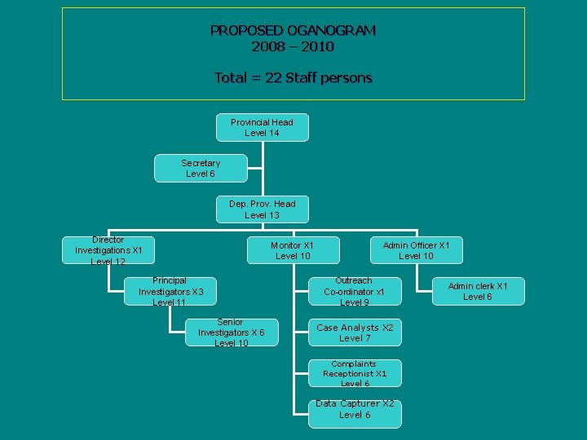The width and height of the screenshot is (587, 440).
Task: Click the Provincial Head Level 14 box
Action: tap(262, 127)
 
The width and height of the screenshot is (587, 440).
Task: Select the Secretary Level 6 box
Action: tap(201, 169)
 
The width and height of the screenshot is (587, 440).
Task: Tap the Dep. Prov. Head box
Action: tap(262, 209)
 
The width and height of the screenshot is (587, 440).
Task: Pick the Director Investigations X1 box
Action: tap(108, 251)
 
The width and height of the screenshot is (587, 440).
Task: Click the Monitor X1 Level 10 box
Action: tap(292, 251)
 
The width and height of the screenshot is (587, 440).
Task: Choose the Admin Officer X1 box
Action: tap(416, 251)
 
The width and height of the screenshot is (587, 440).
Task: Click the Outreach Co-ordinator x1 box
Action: tap(354, 292)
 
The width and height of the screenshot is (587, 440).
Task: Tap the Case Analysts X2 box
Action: tap(354, 332)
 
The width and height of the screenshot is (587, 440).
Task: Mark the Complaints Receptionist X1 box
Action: tap(354, 373)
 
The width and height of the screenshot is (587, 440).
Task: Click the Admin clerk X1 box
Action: tap(478, 292)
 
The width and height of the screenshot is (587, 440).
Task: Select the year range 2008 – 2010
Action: tap(293, 47)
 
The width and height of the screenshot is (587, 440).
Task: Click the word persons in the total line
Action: tap(346, 78)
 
